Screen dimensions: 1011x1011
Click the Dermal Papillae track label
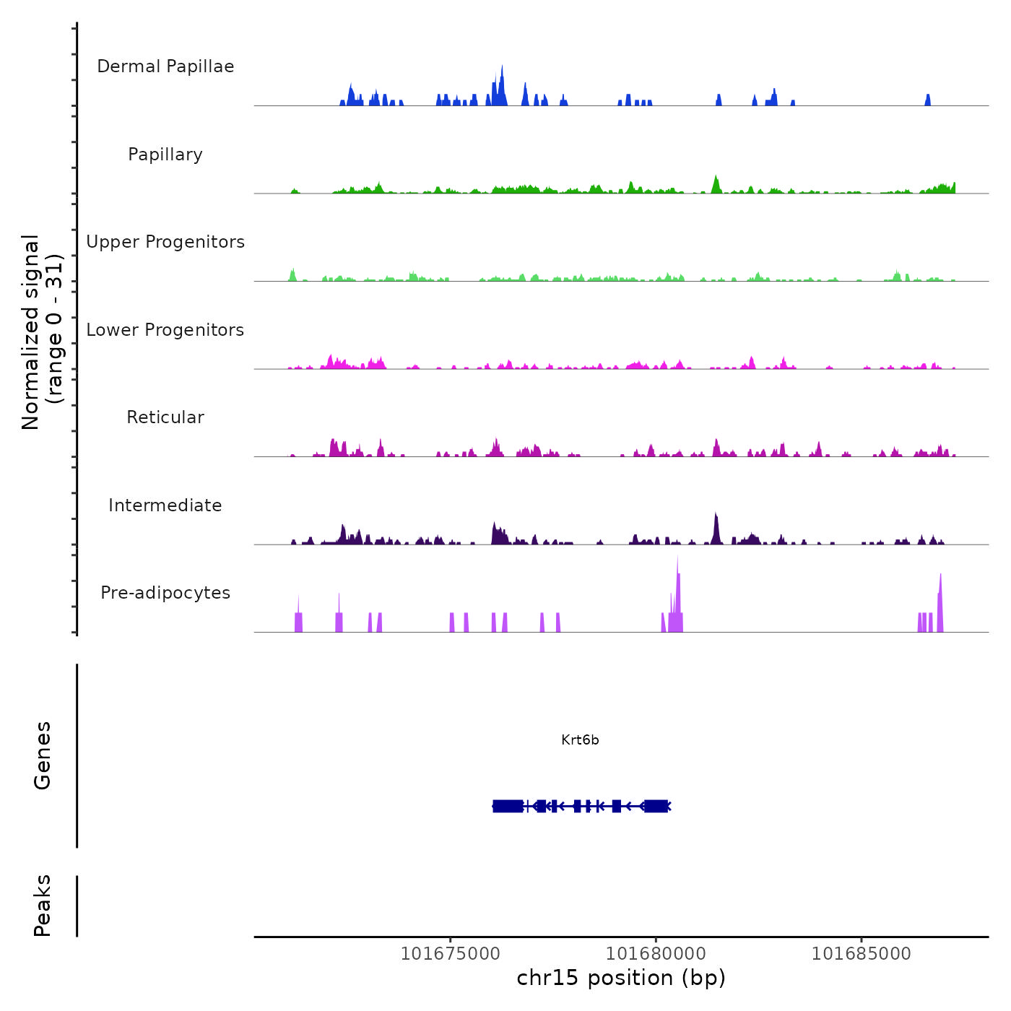(x=165, y=66)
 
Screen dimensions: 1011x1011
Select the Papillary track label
(x=165, y=155)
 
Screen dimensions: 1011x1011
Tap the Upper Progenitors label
(x=165, y=242)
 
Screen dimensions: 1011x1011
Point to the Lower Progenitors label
(x=165, y=330)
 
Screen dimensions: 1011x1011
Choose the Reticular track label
(x=165, y=417)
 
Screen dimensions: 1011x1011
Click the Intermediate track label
(x=165, y=506)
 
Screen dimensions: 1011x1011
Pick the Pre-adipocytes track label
(x=165, y=593)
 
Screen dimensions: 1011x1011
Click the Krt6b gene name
(x=580, y=740)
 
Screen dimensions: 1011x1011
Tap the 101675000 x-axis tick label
(x=450, y=953)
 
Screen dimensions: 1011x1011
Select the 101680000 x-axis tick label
(x=656, y=953)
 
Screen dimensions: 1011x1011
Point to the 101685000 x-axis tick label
(x=862, y=953)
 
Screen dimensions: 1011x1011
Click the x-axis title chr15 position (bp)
(x=621, y=978)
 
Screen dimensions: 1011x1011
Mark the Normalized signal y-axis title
(x=42, y=332)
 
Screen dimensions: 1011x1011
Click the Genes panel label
(x=43, y=755)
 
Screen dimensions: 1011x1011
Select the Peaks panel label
(x=43, y=906)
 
